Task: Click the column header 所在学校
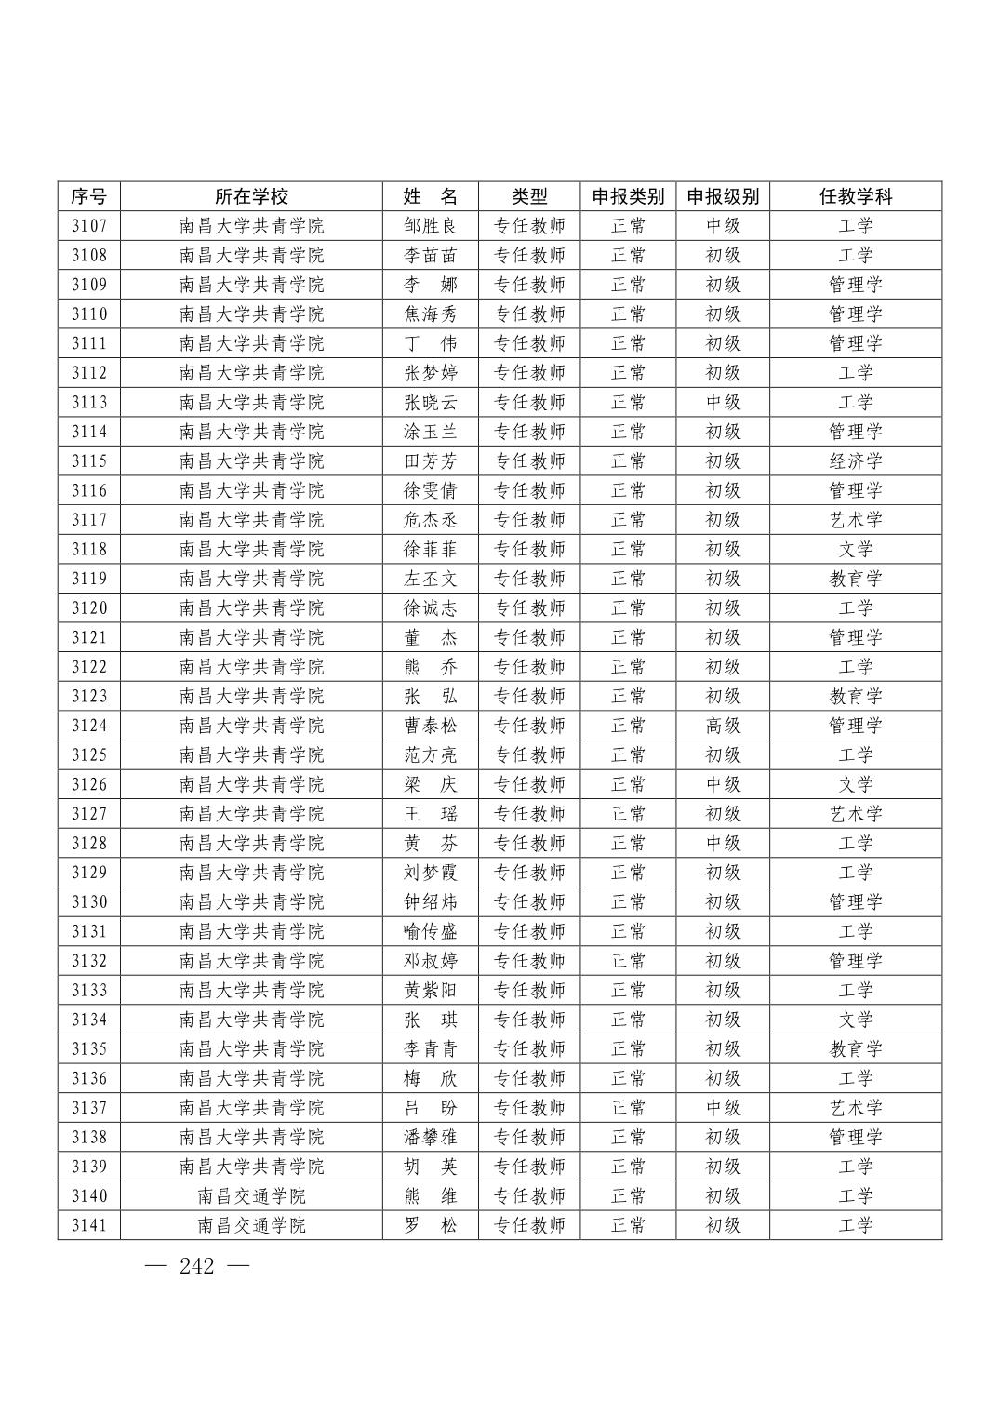tap(251, 196)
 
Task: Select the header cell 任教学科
tap(855, 196)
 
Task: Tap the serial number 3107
tap(89, 226)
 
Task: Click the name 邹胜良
tap(430, 226)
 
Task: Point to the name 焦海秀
tap(430, 314)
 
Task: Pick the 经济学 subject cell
tap(855, 461)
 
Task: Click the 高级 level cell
tap(722, 726)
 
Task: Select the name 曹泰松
tap(430, 726)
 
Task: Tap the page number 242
tap(197, 1266)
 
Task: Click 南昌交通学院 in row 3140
tap(251, 1196)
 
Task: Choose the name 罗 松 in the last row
tap(430, 1225)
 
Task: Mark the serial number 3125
tap(89, 755)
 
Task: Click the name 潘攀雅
tap(430, 1137)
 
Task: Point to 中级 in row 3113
tap(722, 403)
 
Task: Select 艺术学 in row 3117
tap(855, 520)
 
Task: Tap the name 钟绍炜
tap(430, 902)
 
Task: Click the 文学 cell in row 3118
tap(855, 550)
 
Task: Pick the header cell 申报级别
tap(722, 196)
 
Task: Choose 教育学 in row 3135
tap(855, 1049)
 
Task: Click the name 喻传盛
tap(430, 931)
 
